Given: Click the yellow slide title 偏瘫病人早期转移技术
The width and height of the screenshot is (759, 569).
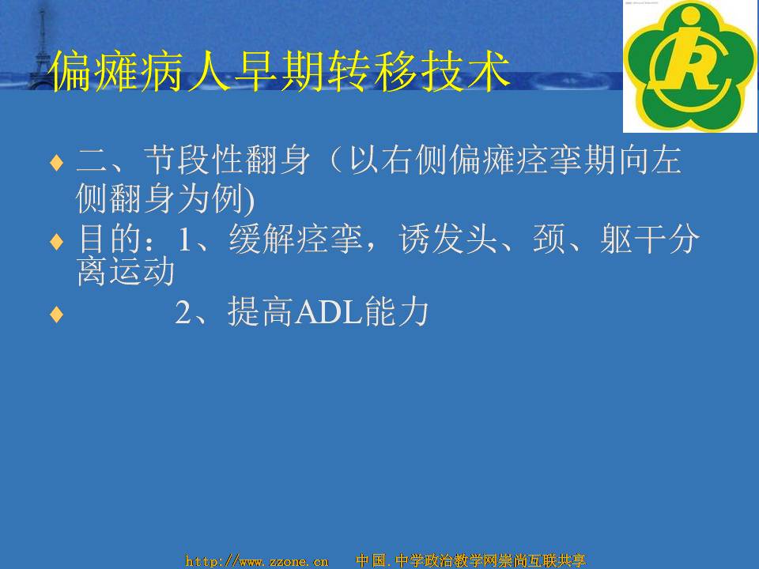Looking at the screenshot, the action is coord(280,71).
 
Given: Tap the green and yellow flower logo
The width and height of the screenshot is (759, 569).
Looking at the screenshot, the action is coord(690,66).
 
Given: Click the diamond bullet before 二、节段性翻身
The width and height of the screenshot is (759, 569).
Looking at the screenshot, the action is coord(57,163).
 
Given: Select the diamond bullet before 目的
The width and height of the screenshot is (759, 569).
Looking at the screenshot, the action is coord(57,241).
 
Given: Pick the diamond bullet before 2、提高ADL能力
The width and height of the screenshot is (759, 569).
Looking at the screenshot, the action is coord(57,315).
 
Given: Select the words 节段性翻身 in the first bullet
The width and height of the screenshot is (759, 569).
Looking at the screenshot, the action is coord(227,160).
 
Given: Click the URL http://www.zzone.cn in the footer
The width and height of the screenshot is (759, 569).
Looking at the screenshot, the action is coord(257,561).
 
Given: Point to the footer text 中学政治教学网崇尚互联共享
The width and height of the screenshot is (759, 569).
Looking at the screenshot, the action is coord(490,560).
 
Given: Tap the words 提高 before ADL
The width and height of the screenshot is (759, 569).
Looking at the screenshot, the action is coord(260,312).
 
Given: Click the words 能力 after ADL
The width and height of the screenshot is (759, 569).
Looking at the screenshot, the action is coord(397,312).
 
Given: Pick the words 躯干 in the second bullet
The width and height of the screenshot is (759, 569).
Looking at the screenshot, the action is coord(632,239).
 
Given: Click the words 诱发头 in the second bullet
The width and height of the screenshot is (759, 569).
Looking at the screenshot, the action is coord(447,239).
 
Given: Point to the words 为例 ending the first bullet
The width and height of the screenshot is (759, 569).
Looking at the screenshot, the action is coord(210,199).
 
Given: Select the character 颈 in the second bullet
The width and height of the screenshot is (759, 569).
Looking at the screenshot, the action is coord(549,239).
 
